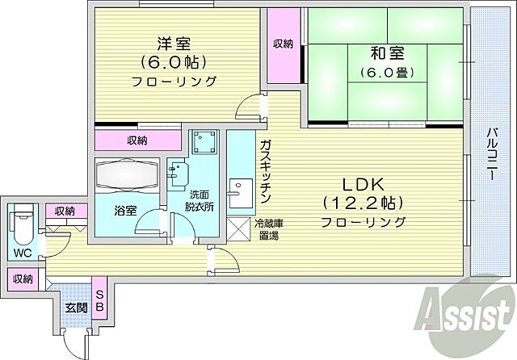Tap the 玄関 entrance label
point(77,308)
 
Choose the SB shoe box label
point(100,299)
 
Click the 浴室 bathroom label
point(125,211)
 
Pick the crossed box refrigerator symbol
point(239,228)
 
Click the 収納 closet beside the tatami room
point(282,44)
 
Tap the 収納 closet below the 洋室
point(137,140)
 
